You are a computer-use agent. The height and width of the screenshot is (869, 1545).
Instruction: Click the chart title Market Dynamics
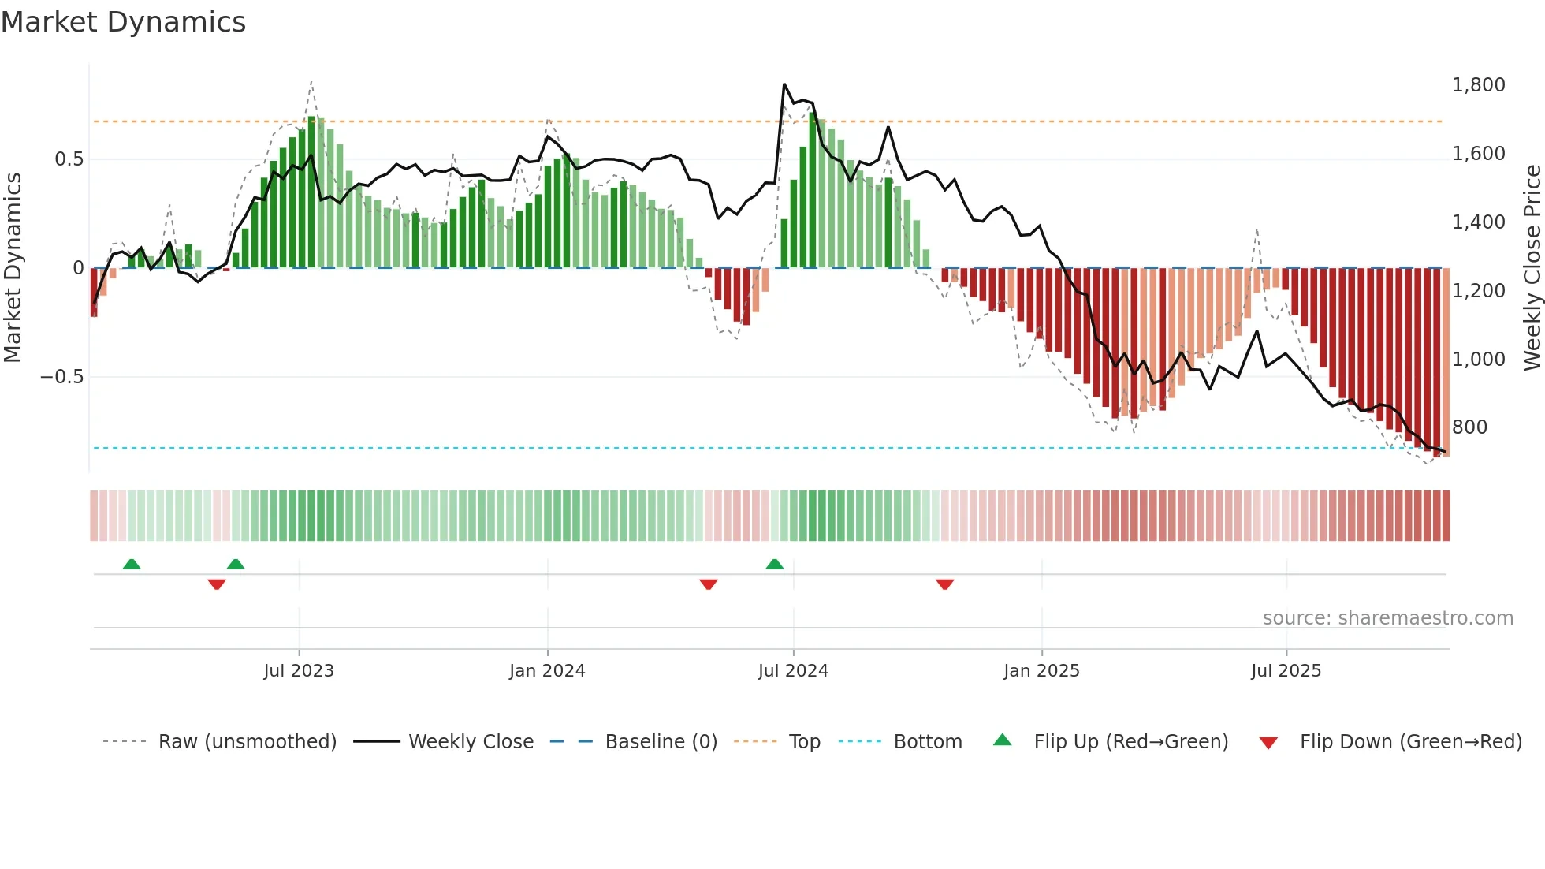click(x=123, y=22)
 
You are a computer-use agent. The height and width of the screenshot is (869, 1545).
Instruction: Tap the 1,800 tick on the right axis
click(x=1478, y=85)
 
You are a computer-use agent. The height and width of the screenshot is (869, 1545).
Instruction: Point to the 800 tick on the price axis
click(x=1469, y=427)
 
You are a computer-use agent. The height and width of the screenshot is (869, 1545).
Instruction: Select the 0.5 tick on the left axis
click(x=69, y=159)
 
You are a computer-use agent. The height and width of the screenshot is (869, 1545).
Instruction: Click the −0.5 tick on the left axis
click(x=61, y=377)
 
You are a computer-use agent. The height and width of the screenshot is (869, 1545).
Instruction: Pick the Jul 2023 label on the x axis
click(x=299, y=671)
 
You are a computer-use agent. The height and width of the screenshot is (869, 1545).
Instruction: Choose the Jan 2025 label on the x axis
click(x=1041, y=671)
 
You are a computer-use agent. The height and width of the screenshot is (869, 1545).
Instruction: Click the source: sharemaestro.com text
click(x=1387, y=618)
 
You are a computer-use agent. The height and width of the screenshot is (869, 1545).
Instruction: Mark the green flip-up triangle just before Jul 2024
click(x=775, y=565)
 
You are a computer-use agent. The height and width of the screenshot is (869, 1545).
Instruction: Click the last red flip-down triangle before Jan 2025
click(x=945, y=584)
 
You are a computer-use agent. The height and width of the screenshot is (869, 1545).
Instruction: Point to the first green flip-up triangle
click(x=132, y=565)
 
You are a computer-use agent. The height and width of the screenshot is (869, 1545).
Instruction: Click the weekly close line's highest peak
click(x=784, y=84)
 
